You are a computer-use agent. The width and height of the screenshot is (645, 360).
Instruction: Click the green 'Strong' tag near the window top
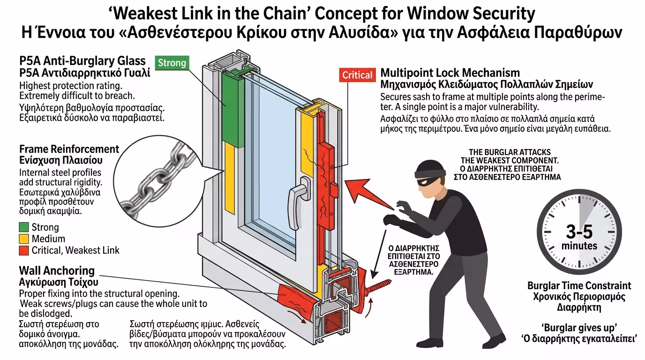coord(172,63)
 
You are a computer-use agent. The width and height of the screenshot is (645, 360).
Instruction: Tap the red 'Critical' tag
coord(357,75)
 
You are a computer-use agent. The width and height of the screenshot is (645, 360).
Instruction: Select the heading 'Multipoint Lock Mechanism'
coord(450,73)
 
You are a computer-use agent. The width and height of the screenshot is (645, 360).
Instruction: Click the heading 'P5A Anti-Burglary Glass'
coord(82,61)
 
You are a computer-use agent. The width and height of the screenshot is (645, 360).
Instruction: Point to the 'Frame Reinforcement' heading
coord(69,149)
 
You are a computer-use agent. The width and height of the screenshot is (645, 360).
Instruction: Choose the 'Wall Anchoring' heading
coord(57,270)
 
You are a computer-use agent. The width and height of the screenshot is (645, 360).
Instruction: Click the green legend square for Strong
coord(23,227)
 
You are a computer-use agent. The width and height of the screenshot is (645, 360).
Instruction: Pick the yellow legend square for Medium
coord(23,239)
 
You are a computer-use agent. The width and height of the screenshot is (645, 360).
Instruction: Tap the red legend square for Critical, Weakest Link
coord(23,250)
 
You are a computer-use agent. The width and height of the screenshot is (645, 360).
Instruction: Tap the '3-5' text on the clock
coord(579,232)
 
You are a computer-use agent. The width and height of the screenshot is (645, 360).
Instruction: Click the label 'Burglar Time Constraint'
coord(579,285)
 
